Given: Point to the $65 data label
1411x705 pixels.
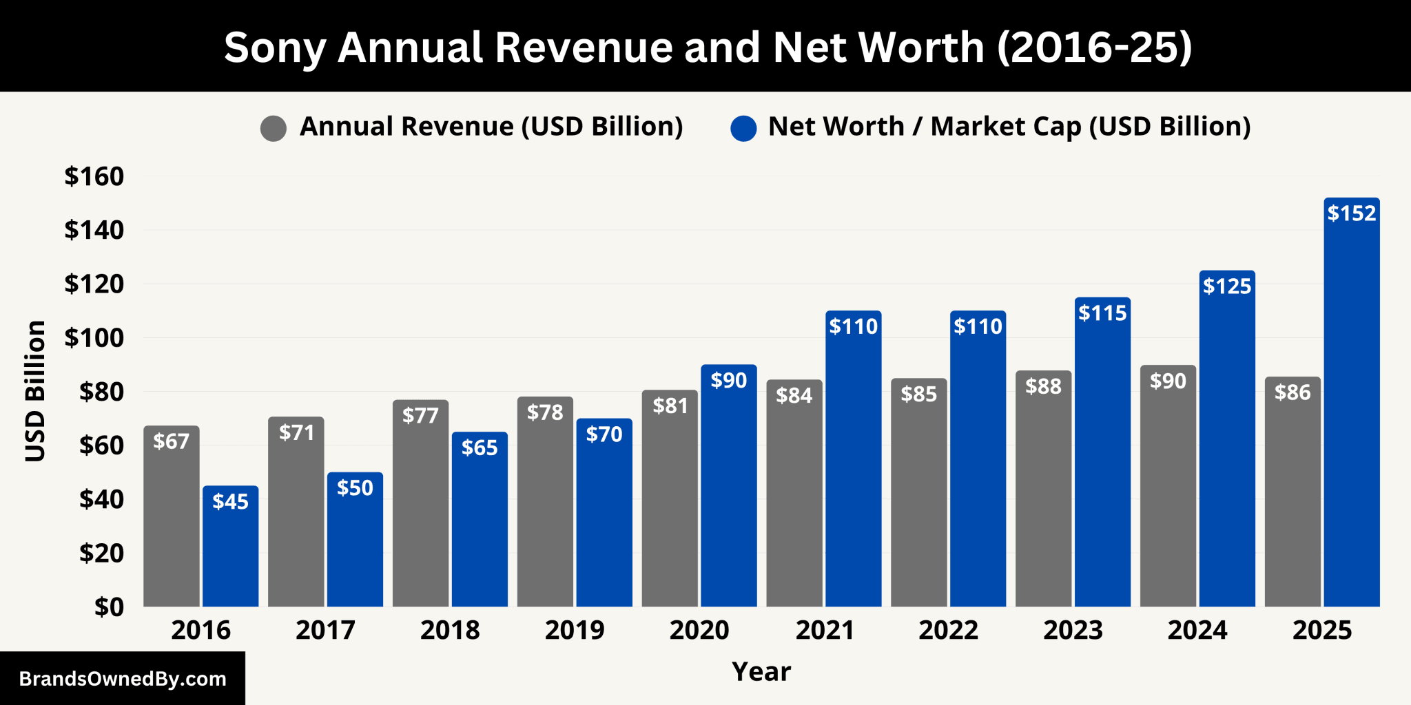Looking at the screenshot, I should tap(480, 448).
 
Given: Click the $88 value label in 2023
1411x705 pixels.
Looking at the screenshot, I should tap(1043, 386).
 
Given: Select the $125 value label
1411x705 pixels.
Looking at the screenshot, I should tap(1227, 286).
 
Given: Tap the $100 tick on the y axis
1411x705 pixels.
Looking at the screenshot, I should tap(94, 338).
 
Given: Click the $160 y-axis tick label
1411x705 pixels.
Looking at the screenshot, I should tap(94, 176).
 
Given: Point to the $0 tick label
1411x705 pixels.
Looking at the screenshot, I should tap(109, 607).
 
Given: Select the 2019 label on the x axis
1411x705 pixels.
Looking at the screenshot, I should tap(574, 630).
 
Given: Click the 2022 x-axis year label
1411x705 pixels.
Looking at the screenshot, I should tap(948, 630).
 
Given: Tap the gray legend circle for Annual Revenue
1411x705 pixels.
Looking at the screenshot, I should tap(274, 128).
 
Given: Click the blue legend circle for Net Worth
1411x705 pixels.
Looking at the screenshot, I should tap(743, 128).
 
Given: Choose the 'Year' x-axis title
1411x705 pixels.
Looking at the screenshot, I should tap(761, 671).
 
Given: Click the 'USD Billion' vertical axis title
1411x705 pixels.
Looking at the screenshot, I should tap(35, 390).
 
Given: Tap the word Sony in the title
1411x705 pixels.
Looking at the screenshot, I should tap(274, 48).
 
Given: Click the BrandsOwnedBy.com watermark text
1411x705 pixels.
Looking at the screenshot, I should tap(123, 679).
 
